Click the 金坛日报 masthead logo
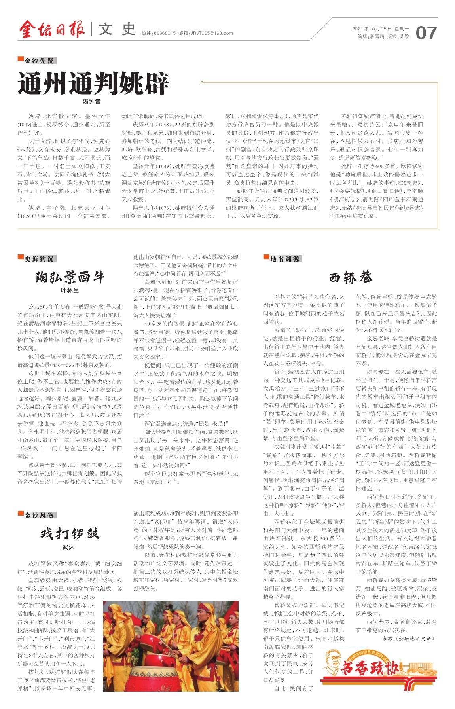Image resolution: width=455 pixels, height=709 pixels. pyautogui.click(x=51, y=30)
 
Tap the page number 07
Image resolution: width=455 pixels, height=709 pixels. pyautogui.click(x=426, y=33)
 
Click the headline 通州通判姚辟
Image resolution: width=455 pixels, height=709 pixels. pyautogui.click(x=93, y=83)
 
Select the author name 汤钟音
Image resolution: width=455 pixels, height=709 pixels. pyautogui.click(x=91, y=102)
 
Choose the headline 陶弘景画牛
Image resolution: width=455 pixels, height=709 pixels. pyautogui.click(x=70, y=277)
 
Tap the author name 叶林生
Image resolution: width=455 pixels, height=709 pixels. pyautogui.click(x=70, y=290)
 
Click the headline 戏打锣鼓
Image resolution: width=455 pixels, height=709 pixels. pyautogui.click(x=70, y=534)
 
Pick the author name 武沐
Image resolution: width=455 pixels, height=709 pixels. pyautogui.click(x=68, y=547)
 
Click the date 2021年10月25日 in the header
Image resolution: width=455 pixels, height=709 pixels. pyautogui.click(x=372, y=29)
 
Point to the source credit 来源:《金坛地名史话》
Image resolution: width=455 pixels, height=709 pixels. pyautogui.click(x=408, y=638)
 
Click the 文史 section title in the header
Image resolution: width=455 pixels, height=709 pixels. pyautogui.click(x=117, y=30)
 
